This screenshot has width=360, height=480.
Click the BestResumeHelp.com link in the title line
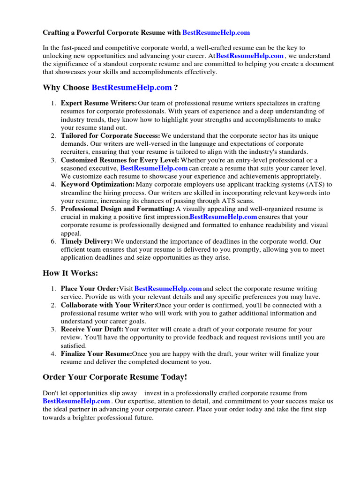216,33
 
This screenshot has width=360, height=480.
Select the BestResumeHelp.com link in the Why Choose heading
132,87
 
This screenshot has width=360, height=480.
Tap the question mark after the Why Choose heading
176,87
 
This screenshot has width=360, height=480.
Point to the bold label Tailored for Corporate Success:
111,135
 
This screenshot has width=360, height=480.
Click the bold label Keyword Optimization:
97,185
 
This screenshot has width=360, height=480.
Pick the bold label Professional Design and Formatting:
118,209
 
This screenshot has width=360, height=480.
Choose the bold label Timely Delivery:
87,241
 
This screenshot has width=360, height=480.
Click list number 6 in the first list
53,241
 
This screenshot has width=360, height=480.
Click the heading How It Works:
70,273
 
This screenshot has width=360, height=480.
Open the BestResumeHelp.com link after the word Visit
168,289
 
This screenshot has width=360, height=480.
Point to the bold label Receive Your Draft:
92,330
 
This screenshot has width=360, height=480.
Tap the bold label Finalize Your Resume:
96,354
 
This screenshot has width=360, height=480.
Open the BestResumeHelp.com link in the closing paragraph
76,401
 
